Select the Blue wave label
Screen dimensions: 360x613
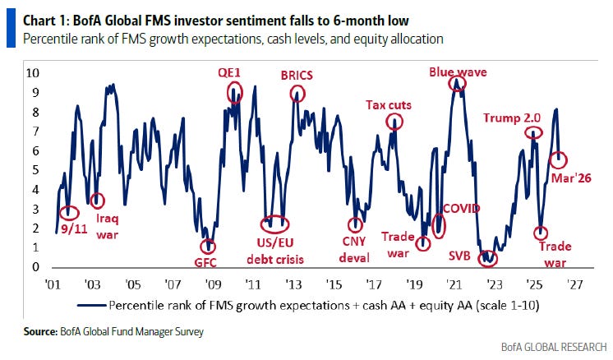point(458,72)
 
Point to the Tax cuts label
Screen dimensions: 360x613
point(389,104)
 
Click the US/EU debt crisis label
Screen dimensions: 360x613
point(275,252)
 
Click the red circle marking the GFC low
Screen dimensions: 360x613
point(210,246)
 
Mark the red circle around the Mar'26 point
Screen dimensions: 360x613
point(557,159)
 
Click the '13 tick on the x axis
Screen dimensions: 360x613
point(293,284)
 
